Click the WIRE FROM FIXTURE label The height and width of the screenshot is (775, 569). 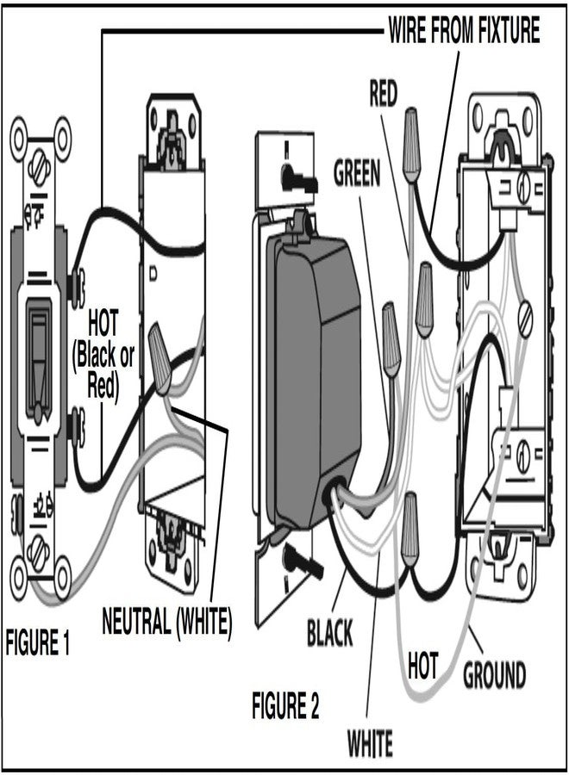pos(464,31)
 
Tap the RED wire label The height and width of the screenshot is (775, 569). pos(384,93)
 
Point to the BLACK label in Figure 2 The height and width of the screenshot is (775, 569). pos(330,635)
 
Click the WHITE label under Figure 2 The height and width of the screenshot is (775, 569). pos(370,741)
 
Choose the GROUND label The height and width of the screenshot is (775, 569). pos(495,674)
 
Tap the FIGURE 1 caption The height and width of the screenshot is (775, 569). pos(38,644)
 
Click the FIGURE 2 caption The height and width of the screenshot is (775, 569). pos(285,708)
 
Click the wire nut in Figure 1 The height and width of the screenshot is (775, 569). pos(160,353)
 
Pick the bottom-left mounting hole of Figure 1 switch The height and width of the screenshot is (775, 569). pos(22,568)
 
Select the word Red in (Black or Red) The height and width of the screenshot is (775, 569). pos(105,386)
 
